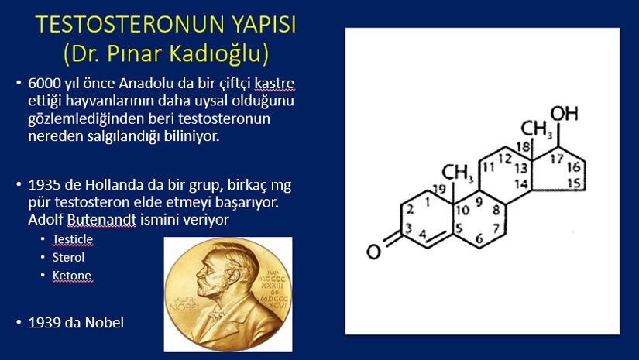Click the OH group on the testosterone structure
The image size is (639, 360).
coord(564,113)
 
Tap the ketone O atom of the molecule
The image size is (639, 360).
coord(373,252)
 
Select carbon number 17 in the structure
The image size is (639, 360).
coord(557,158)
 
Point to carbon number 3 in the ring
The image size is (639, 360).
coord(409,228)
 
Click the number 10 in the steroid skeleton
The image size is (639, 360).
coord(462,210)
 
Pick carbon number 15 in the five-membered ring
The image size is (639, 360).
coord(574,183)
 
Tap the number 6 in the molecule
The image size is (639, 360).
coord(479,238)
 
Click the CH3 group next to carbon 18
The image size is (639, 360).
coord(536,129)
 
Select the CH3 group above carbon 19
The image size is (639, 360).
coord(458,173)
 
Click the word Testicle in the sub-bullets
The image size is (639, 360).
coord(73,239)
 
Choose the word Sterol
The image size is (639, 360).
coord(68,257)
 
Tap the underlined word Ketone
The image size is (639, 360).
coord(72,276)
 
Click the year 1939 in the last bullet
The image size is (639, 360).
coord(45,323)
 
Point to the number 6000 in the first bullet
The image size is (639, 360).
coord(45,83)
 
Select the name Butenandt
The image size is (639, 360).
coord(101,220)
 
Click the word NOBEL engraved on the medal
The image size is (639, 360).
coord(185,307)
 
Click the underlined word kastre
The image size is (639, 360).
coord(274,83)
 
